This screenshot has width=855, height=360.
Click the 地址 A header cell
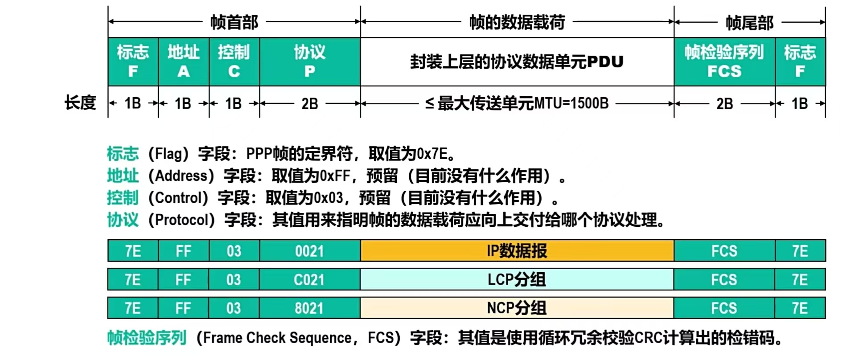point(184,61)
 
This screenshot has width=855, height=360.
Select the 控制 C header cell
point(234,61)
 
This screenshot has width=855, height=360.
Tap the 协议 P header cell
point(310,61)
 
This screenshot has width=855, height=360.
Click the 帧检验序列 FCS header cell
point(724,61)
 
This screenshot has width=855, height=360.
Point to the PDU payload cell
point(517,61)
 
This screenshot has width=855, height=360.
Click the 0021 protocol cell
point(309,251)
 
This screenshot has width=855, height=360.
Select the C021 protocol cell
point(309,280)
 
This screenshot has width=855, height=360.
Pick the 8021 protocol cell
point(309,308)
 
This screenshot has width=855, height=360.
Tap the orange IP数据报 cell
point(517,251)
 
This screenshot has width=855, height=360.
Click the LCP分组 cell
point(517,280)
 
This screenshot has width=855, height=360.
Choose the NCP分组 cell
point(517,308)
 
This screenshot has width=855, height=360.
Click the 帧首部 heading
point(234,22)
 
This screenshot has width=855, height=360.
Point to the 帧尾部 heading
point(750,22)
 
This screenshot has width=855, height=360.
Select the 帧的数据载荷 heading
point(517,22)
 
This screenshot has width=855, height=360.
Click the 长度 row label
point(80,103)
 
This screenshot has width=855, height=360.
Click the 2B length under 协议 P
point(310,104)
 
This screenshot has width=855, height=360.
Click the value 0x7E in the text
point(432,154)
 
